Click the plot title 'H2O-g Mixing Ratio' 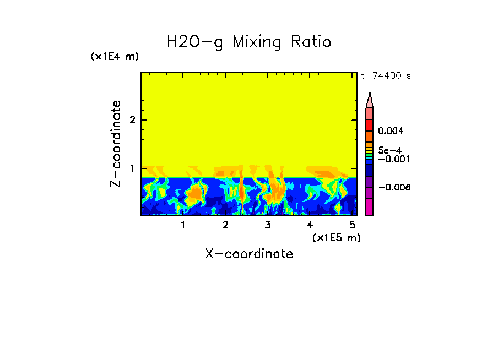(249, 42)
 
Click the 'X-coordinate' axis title (249, 254)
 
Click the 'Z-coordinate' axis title (116, 144)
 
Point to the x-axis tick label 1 (183, 225)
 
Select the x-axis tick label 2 (225, 225)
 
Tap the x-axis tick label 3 (268, 225)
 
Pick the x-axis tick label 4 (310, 225)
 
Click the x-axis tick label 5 (352, 225)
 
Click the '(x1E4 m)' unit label (115, 57)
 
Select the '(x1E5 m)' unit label (336, 237)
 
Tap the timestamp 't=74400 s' (386, 76)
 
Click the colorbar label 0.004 (391, 131)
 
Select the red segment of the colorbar (370, 124)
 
